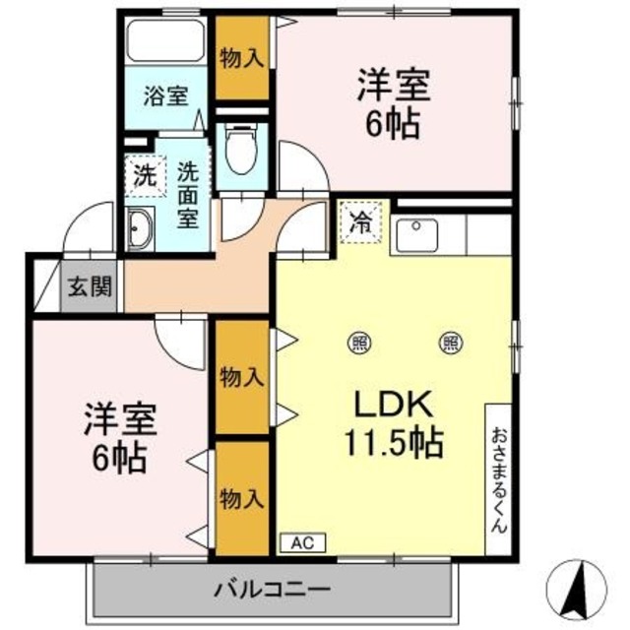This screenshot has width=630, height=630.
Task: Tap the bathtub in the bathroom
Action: pos(166,42)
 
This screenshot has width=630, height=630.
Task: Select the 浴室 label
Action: pos(165,96)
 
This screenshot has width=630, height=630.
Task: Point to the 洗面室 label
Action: pos(190,193)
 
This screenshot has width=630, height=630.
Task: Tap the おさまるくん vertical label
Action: pos(498,478)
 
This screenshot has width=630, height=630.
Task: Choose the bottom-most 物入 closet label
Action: pos(241,499)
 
